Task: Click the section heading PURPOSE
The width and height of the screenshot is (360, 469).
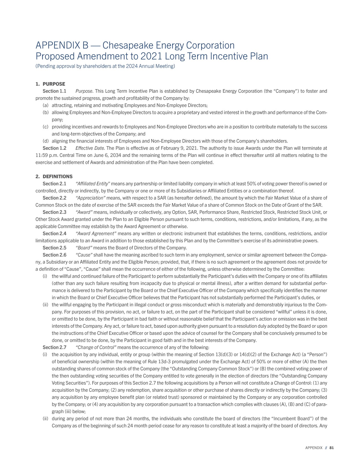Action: coord(54,84)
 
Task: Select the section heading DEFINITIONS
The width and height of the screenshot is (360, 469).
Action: coord(57,176)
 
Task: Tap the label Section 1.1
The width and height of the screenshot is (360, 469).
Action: coord(54,91)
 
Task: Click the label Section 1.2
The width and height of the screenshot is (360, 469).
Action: coord(54,148)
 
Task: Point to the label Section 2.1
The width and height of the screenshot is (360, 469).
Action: coord(54,184)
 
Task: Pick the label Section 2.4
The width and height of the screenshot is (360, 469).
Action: coord(54,233)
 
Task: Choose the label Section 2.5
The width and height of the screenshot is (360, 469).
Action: coord(54,248)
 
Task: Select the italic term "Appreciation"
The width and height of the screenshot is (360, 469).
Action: coord(91,198)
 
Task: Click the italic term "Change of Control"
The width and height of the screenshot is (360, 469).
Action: coord(96,347)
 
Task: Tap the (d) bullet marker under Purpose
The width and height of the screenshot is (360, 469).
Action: coord(45,141)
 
